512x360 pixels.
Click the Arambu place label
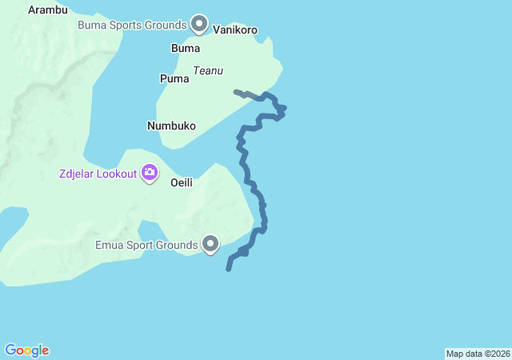(x=48, y=10)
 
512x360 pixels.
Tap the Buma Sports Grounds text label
(x=132, y=25)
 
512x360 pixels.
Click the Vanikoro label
(x=236, y=30)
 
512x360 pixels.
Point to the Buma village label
(x=186, y=49)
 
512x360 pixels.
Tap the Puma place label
(x=174, y=78)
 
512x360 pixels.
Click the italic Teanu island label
(x=207, y=70)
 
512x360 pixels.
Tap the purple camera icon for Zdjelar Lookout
(x=150, y=172)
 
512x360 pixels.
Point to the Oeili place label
(x=182, y=182)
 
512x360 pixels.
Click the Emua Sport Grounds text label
(x=146, y=245)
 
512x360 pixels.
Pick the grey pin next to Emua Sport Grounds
(x=211, y=243)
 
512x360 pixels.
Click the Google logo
(x=27, y=350)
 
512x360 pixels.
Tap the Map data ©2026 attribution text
(x=478, y=354)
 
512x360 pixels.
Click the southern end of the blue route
(x=229, y=269)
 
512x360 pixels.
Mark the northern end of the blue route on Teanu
(x=235, y=92)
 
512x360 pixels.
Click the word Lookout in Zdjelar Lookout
(x=116, y=174)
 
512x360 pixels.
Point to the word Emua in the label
(x=110, y=245)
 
